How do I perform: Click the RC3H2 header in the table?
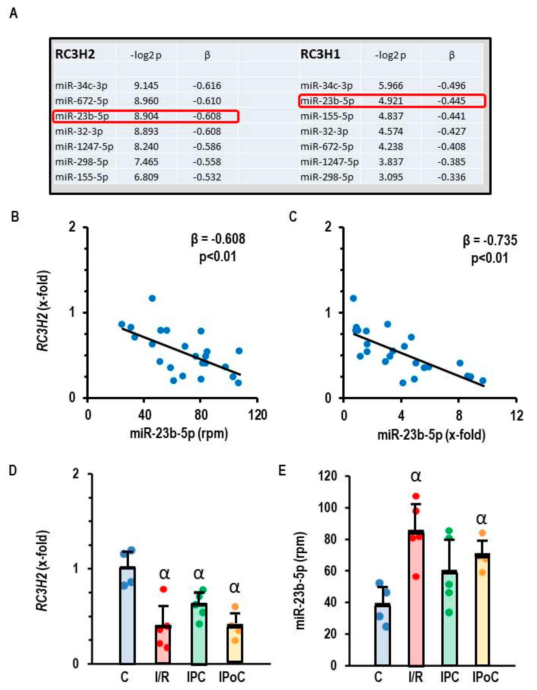click(x=75, y=54)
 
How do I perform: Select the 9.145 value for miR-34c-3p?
click(x=146, y=86)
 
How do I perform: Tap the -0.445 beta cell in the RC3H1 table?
click(x=451, y=101)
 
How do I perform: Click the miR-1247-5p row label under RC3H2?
click(x=84, y=147)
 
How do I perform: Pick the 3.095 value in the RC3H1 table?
click(x=391, y=177)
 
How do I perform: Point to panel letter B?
click(x=15, y=217)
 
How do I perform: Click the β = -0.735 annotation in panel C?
click(x=490, y=240)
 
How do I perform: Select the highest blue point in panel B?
click(x=152, y=298)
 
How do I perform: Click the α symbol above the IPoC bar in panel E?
click(x=481, y=519)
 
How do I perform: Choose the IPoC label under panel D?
click(x=232, y=677)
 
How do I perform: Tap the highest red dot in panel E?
click(x=416, y=496)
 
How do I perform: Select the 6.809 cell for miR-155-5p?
click(x=146, y=177)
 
